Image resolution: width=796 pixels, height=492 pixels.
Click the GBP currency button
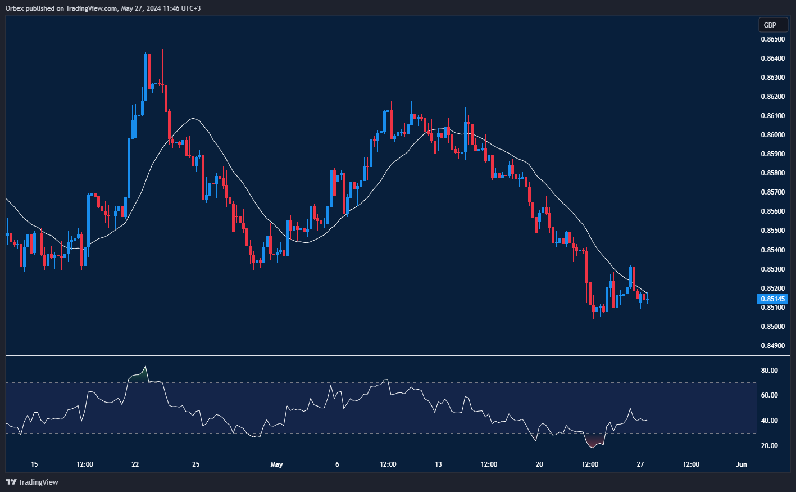click(770, 25)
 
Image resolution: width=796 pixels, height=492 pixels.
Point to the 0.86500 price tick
click(773, 39)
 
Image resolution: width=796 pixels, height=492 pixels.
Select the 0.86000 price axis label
click(773, 135)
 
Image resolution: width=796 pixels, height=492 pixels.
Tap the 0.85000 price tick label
click(773, 327)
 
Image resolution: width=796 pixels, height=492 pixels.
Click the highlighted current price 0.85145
click(773, 299)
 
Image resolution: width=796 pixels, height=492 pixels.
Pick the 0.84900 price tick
click(773, 346)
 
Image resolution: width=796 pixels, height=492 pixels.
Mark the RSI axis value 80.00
click(770, 371)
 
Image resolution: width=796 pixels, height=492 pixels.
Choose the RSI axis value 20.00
click(770, 446)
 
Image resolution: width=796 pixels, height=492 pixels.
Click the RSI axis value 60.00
click(770, 395)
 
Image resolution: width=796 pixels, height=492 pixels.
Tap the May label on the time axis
click(276, 464)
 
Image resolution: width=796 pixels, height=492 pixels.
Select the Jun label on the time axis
click(742, 464)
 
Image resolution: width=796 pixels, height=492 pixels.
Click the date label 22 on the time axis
click(135, 464)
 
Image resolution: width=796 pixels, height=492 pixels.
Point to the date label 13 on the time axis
click(438, 464)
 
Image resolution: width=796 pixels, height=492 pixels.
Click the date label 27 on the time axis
click(640, 464)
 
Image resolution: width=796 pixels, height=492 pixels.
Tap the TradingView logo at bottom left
click(32, 482)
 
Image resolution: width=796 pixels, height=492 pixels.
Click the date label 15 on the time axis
click(34, 464)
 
